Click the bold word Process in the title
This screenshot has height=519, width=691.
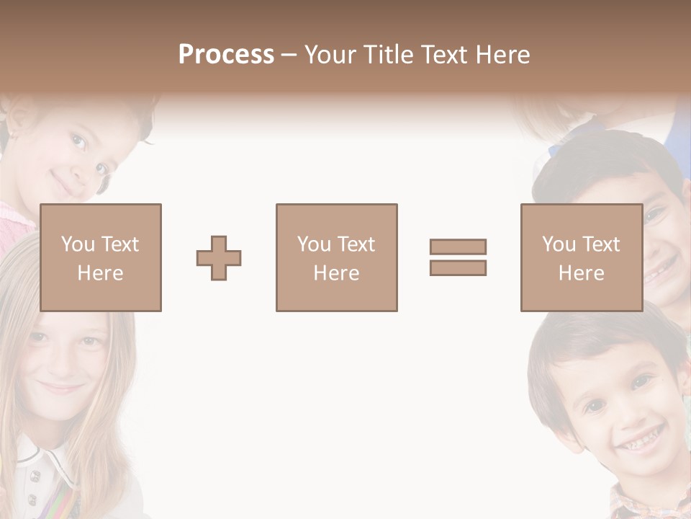[x=226, y=55]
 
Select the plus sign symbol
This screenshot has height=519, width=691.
[x=219, y=258]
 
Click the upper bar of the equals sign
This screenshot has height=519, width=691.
[x=458, y=247]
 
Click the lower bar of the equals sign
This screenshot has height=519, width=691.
[x=458, y=267]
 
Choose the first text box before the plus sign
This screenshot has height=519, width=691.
[x=100, y=257]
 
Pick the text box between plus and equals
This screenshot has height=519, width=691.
[x=336, y=257]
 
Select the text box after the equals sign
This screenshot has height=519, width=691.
[x=581, y=257]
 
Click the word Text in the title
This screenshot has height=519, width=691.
[x=442, y=55]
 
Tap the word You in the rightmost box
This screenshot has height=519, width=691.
[x=559, y=244]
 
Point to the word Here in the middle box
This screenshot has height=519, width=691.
[x=336, y=273]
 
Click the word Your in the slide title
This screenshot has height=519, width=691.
[x=333, y=55]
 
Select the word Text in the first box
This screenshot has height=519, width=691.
[x=119, y=244]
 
